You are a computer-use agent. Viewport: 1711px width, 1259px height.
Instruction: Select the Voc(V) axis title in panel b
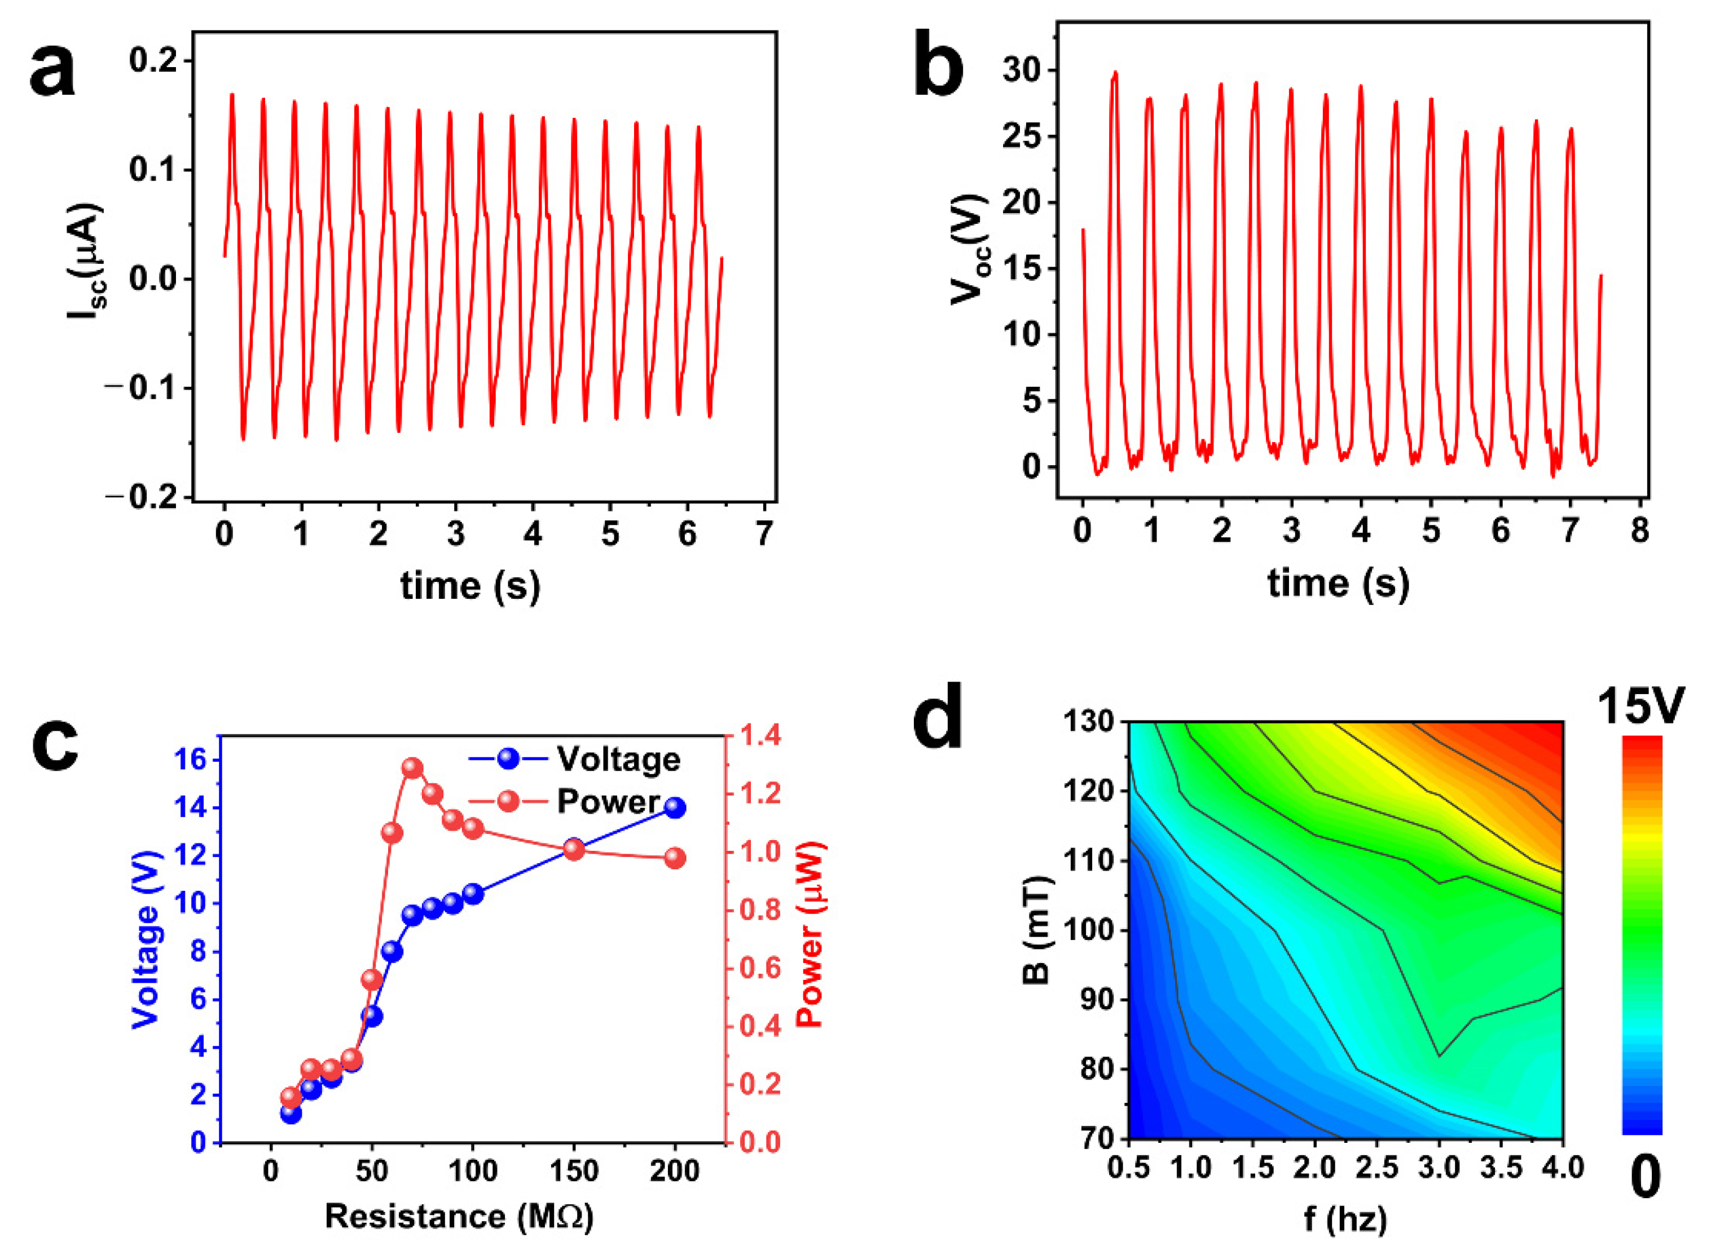click(969, 250)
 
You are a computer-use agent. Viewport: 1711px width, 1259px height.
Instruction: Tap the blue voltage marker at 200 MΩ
click(675, 808)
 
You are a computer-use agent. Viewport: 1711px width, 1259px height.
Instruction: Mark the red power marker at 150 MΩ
click(574, 849)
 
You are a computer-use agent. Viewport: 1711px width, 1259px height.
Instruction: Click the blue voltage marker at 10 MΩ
click(291, 1114)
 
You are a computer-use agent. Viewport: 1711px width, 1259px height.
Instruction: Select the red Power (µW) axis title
click(811, 934)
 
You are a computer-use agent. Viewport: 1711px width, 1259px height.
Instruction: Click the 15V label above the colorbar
click(1641, 706)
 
